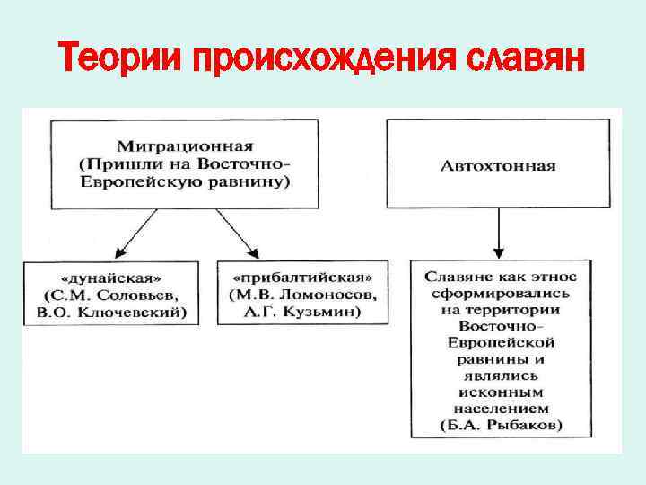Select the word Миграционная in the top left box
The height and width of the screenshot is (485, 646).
point(183,145)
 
